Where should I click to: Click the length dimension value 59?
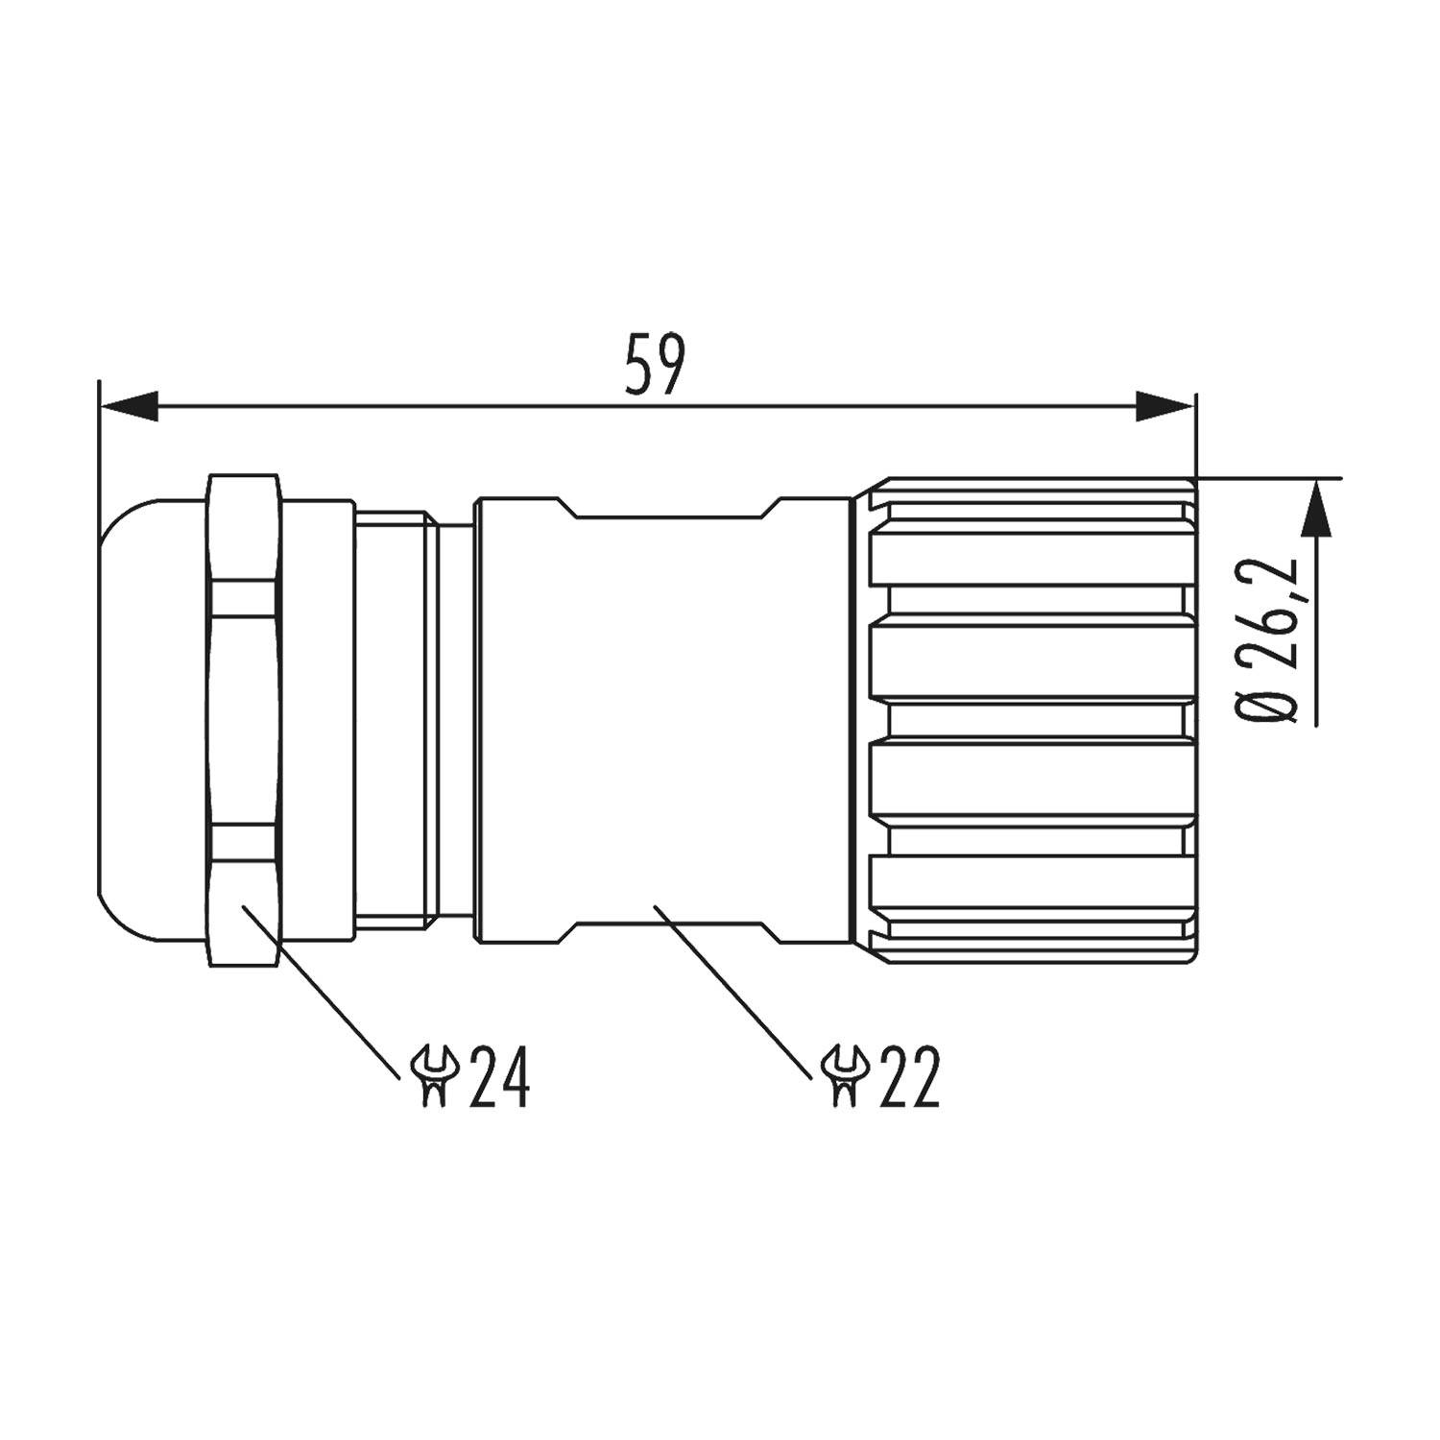pyautogui.click(x=655, y=365)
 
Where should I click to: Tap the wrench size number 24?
pyautogui.click(x=499, y=1077)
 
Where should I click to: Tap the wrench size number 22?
pyautogui.click(x=908, y=1077)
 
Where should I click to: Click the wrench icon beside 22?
pyautogui.click(x=845, y=1077)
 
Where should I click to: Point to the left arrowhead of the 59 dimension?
pyautogui.click(x=129, y=406)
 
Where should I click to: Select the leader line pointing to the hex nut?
pyautogui.click(x=322, y=989)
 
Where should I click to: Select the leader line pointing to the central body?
pyautogui.click(x=730, y=989)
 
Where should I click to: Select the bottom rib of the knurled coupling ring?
pyautogui.click(x=1032, y=888)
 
